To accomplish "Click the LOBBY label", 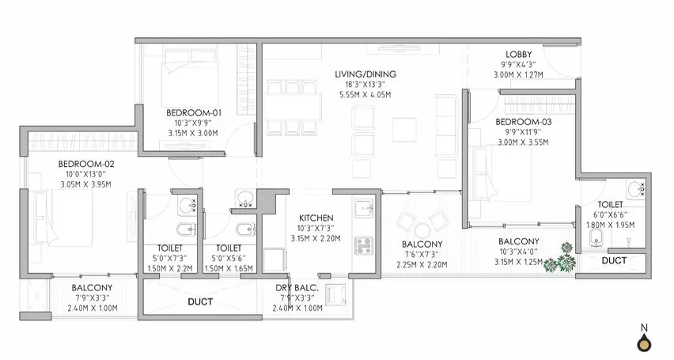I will tap(519, 55).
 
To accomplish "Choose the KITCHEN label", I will tap(315, 218).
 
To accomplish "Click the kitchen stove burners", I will tap(365, 245).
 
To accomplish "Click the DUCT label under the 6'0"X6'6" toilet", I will tap(614, 260).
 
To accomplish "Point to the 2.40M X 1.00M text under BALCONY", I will tap(92, 309).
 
